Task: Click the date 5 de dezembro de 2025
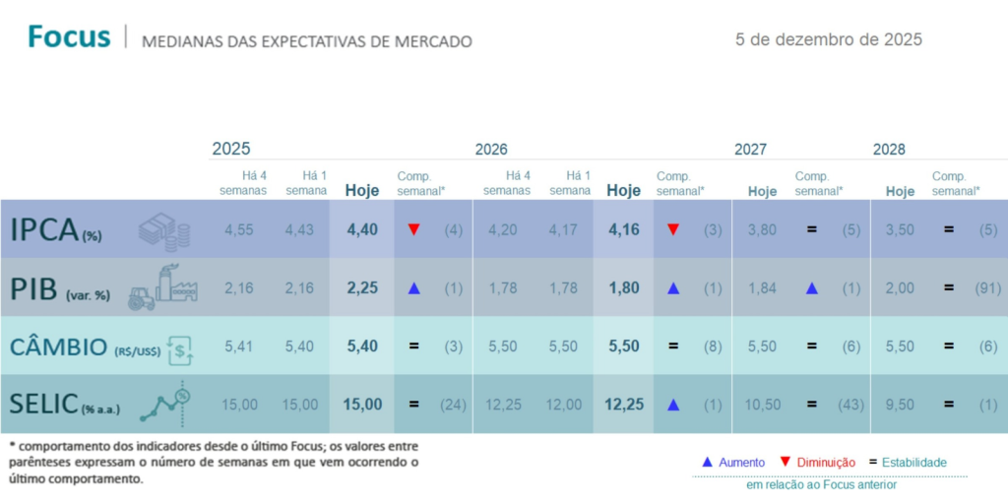coord(828,39)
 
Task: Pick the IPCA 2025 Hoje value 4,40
coord(361,230)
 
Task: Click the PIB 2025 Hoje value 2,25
coord(361,288)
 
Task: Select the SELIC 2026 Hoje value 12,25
coord(623,405)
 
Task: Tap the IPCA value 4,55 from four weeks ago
coord(239,230)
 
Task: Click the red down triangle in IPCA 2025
coord(414,230)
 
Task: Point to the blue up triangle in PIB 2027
coord(812,288)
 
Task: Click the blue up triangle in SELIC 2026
coord(673,405)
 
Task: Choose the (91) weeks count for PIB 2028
coord(988,288)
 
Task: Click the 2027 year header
coord(750,150)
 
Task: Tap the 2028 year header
coord(889,150)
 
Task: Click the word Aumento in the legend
coord(742,462)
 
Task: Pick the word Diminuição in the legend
coord(824,462)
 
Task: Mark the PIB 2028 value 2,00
coord(900,288)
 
